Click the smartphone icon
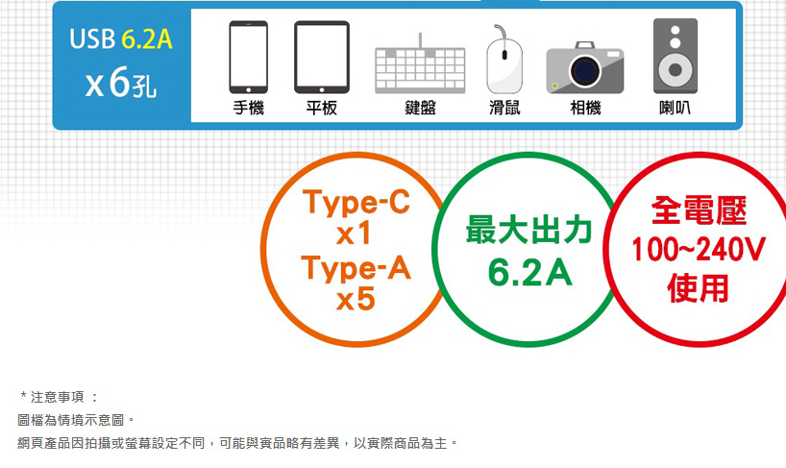pyautogui.click(x=248, y=57)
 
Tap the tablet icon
pyautogui.click(x=322, y=57)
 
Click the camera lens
pyautogui.click(x=584, y=71)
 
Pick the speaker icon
pyautogui.click(x=675, y=56)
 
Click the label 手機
pyautogui.click(x=249, y=108)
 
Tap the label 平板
pyautogui.click(x=322, y=108)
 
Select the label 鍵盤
pyautogui.click(x=421, y=108)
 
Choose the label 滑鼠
pyautogui.click(x=504, y=108)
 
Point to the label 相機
pyautogui.click(x=585, y=108)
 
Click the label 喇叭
pyautogui.click(x=675, y=108)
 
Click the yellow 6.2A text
pyautogui.click(x=147, y=39)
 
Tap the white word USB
pyautogui.click(x=93, y=39)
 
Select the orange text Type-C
pyautogui.click(x=356, y=203)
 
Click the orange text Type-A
pyautogui.click(x=356, y=268)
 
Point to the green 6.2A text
pyautogui.click(x=529, y=273)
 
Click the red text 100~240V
pyautogui.click(x=699, y=249)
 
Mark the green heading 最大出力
pyautogui.click(x=528, y=230)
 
